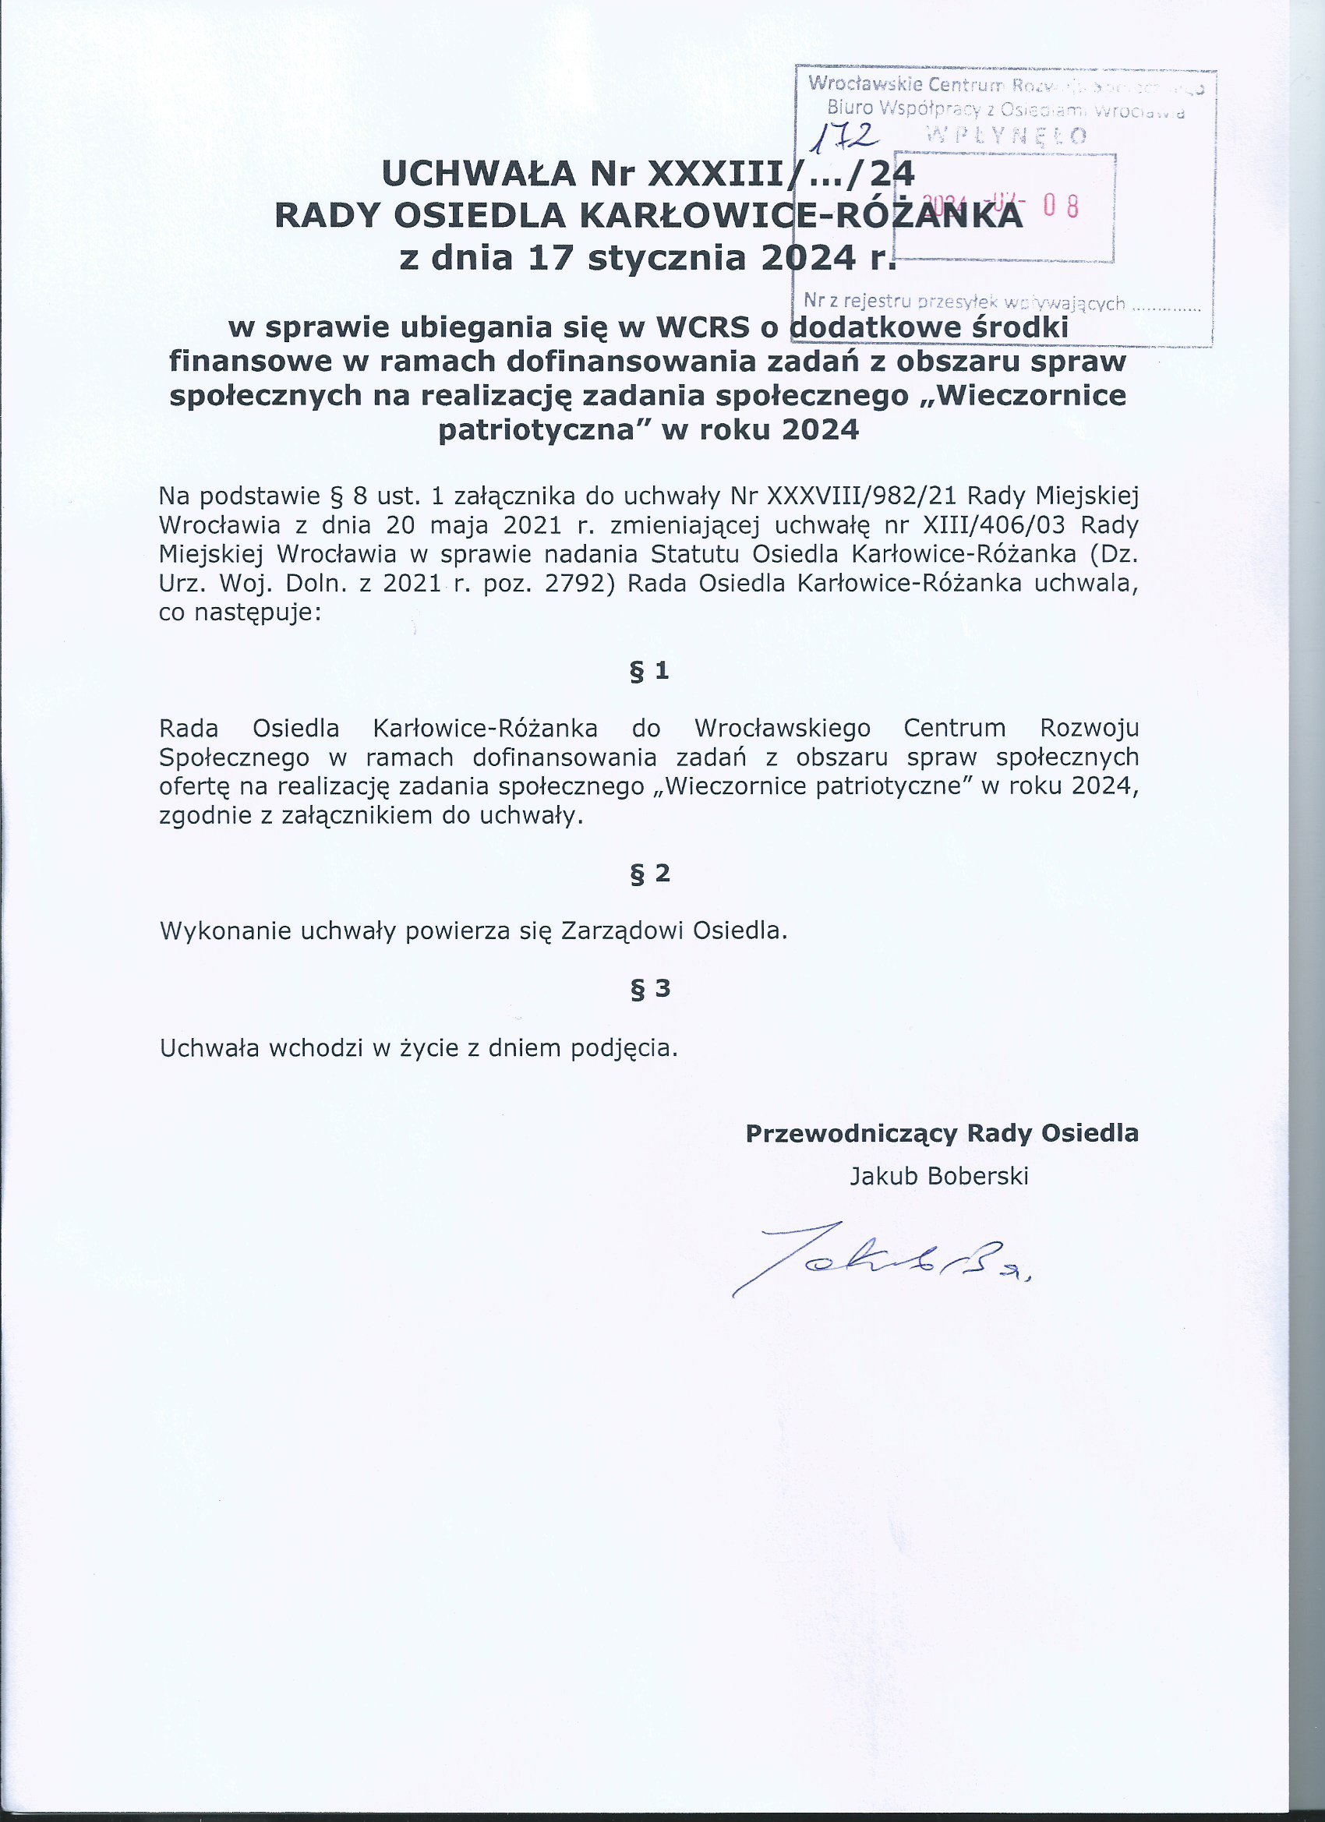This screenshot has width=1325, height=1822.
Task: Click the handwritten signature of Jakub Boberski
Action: (881, 1257)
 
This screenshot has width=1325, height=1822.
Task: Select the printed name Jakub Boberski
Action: (938, 1176)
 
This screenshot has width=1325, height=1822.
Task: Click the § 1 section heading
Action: (649, 670)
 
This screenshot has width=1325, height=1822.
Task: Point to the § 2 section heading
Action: (649, 874)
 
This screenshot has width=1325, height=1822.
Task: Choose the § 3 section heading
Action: (649, 988)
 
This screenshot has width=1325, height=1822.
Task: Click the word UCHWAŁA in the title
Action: (479, 174)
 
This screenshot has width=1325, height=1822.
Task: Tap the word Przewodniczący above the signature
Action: (851, 1133)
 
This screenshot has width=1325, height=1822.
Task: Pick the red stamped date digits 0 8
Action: (1061, 207)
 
